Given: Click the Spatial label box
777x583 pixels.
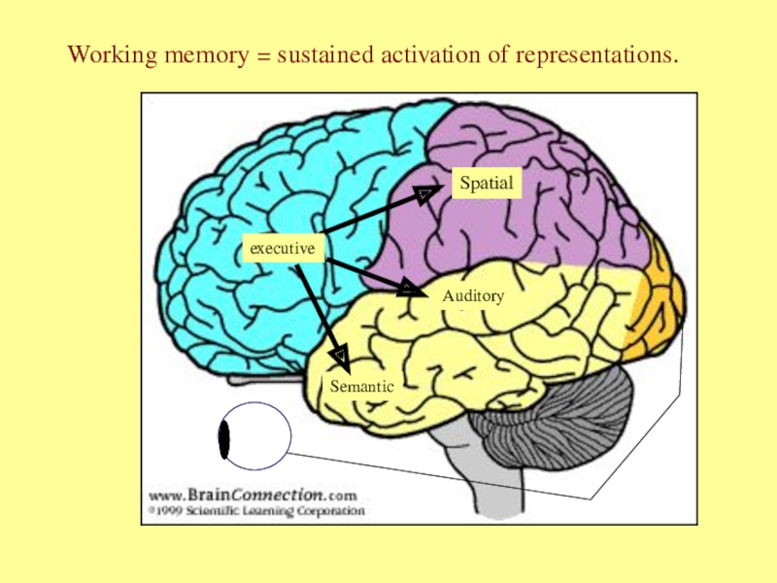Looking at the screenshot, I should point(486,183).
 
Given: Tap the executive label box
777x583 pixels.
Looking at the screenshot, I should point(283,250).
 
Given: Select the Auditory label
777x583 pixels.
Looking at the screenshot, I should point(473,295).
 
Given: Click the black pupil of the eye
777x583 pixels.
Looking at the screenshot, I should point(224,439).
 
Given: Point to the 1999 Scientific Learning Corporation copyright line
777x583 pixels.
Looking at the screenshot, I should point(256,509).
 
